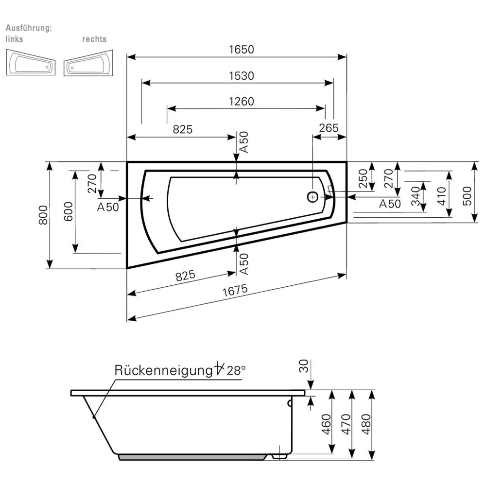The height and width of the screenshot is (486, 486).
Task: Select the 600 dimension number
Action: (68, 211)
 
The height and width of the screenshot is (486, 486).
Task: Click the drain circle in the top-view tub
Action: (312, 197)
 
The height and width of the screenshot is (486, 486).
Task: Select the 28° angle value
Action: (236, 370)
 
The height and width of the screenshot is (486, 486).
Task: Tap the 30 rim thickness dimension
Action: (303, 365)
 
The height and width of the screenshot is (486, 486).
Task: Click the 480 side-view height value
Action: (367, 424)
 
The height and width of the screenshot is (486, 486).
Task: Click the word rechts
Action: (94, 39)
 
